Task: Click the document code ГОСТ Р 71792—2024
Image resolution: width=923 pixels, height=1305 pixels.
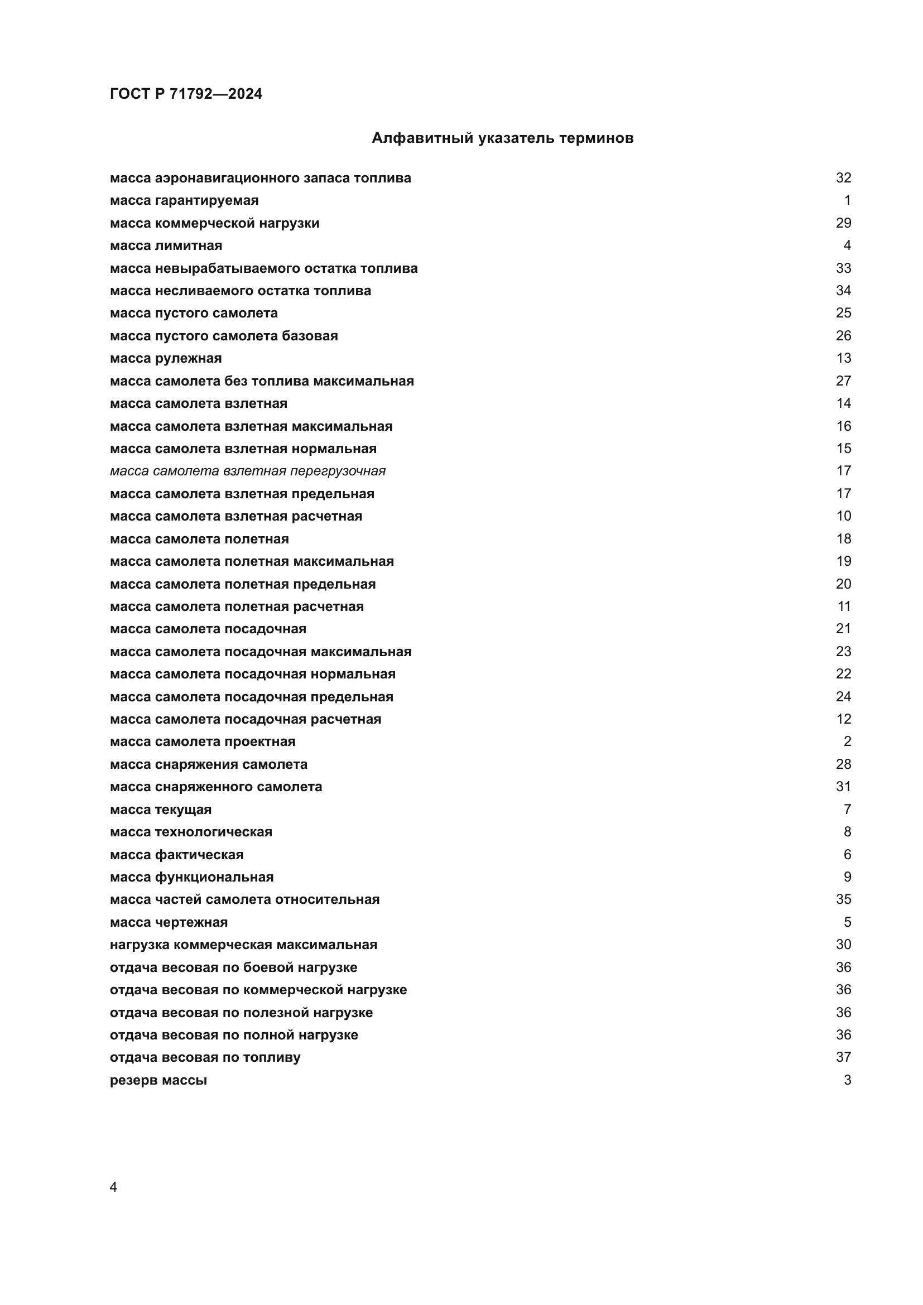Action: pos(186,94)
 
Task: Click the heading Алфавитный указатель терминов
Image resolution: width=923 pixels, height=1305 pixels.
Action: pos(502,138)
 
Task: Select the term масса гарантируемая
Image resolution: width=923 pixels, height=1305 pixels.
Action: pos(184,201)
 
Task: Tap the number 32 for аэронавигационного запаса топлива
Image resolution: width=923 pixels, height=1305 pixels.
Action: pos(843,178)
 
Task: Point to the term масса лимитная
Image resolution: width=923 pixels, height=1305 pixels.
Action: pos(166,245)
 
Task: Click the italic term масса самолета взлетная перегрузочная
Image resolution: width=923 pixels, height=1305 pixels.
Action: pos(248,471)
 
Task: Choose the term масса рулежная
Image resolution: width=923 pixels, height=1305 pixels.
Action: pos(166,358)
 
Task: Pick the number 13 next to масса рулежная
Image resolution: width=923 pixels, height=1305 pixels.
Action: pos(843,358)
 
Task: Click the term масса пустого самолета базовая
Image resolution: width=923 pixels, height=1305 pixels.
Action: pos(224,336)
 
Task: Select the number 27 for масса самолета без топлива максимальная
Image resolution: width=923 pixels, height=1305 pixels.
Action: pos(843,381)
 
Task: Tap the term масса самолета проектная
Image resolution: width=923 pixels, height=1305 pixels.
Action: pos(203,741)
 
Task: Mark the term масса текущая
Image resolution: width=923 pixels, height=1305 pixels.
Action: pos(161,810)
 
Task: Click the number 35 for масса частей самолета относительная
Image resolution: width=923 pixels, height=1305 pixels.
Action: pos(843,899)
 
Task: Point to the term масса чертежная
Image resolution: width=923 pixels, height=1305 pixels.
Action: pos(169,922)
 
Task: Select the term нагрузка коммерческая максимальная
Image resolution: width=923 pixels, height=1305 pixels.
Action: pos(243,945)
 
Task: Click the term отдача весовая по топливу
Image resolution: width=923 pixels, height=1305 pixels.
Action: pos(205,1057)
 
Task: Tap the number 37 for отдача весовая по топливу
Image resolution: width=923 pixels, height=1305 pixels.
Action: pos(843,1057)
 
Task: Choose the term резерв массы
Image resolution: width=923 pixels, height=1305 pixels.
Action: pos(158,1080)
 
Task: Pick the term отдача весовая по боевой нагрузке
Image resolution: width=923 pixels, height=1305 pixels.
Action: pos(234,967)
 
